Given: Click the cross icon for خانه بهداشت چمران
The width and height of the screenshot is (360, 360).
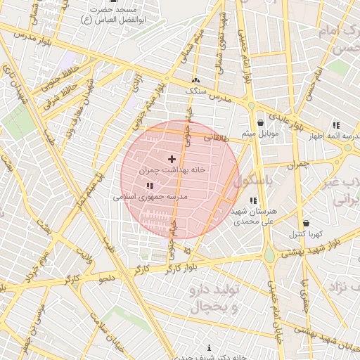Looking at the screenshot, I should [172, 160].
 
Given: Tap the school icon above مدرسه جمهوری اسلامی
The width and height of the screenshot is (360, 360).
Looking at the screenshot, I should [150, 186].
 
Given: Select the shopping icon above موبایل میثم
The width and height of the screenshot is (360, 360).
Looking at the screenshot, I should [261, 122].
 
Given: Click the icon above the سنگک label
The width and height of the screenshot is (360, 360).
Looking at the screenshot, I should [195, 81].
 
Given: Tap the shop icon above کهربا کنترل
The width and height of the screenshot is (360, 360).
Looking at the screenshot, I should [305, 223].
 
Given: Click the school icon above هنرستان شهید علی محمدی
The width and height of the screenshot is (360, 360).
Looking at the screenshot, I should [253, 200].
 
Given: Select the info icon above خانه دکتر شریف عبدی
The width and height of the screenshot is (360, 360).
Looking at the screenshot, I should [210, 348].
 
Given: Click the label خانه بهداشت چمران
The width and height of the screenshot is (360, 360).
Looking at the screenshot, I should [165, 171].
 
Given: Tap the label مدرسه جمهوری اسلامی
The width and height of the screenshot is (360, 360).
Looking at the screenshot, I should [150, 198].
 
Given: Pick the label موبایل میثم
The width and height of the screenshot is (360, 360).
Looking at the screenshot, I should [260, 133].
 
